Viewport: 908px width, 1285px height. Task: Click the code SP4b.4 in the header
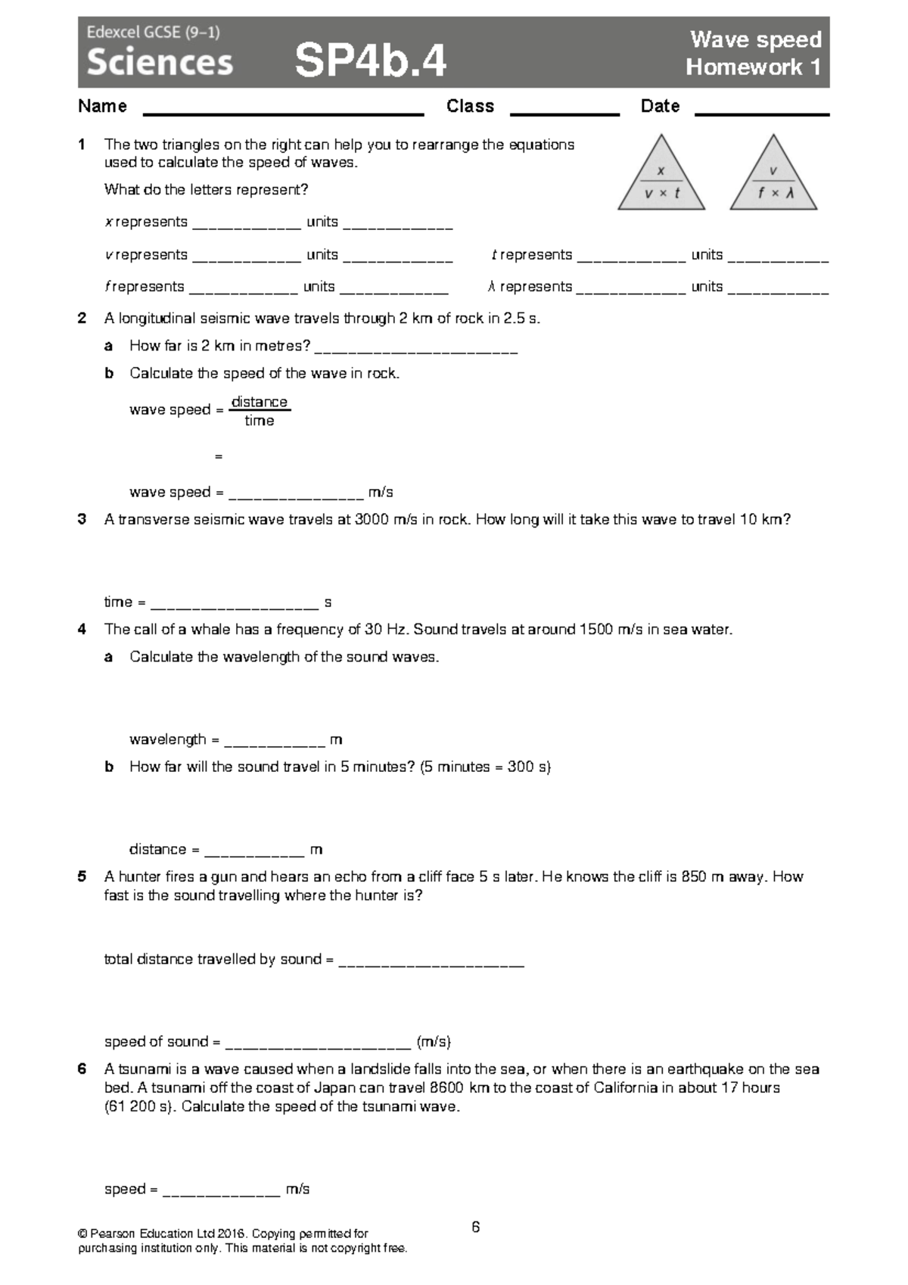point(370,61)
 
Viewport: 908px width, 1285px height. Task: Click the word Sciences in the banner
point(160,62)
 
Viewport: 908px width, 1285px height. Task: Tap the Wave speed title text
point(755,39)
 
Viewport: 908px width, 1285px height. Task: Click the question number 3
point(82,519)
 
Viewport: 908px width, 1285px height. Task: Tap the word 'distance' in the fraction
point(260,402)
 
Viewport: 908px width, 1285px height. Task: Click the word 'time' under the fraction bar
point(259,421)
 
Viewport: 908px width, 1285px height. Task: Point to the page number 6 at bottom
point(475,1227)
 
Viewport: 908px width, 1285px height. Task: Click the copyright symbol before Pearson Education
point(82,1234)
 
